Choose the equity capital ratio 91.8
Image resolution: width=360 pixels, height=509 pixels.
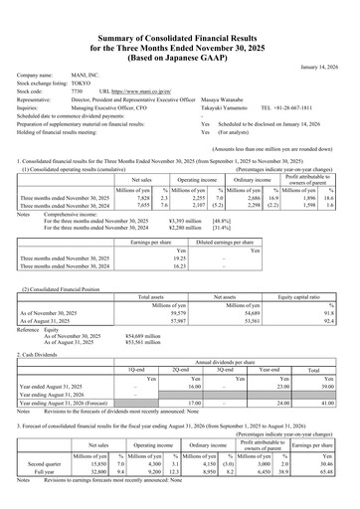pyautogui.click(x=333, y=285)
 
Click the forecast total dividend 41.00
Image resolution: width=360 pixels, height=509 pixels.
pyautogui.click(x=327, y=374)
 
